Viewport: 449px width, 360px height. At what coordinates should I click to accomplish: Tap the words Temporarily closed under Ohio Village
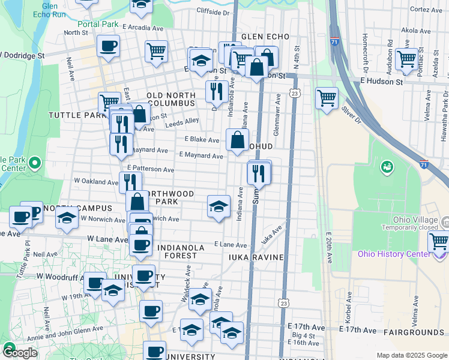(408, 228)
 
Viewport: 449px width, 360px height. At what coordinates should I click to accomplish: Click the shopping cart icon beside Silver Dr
(327, 97)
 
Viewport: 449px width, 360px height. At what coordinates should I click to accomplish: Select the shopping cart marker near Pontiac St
(407, 59)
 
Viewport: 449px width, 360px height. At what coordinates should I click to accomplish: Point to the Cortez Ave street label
(426, 10)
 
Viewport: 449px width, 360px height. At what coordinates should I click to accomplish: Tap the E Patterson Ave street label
(150, 170)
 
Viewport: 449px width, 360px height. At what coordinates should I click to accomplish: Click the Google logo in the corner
(20, 353)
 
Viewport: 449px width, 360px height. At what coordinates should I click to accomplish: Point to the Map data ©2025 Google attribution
(411, 355)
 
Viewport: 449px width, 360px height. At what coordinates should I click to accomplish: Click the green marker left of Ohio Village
(388, 166)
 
